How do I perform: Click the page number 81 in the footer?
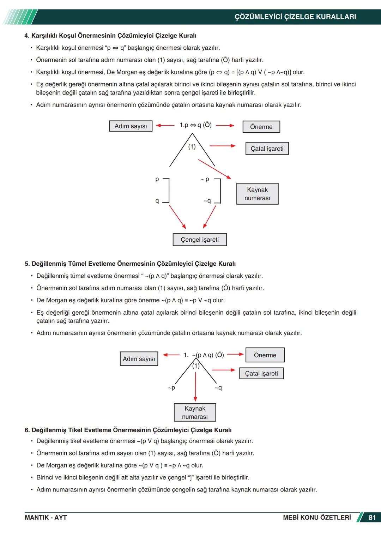coord(372,518)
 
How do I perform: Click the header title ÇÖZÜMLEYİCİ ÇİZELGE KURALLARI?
coord(295,17)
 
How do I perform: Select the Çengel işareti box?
coord(200,240)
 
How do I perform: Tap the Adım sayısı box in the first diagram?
coord(131,126)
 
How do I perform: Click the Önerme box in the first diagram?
coord(261,127)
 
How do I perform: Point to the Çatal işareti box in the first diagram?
coord(267,149)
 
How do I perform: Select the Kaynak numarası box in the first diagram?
coord(257,194)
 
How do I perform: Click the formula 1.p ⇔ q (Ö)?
coord(195,125)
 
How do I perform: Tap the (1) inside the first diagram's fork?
coord(192,146)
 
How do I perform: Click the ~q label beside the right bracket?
coord(207,201)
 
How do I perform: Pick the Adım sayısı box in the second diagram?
coord(139,359)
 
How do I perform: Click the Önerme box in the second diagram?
coord(265,355)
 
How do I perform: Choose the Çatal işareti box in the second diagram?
coord(261,374)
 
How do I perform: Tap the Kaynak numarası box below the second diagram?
coord(195,412)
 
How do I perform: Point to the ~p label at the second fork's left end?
coord(171,388)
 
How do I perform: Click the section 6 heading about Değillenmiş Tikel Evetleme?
coord(128,430)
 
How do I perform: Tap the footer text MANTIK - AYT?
coord(46,518)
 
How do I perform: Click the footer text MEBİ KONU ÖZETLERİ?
coord(317,518)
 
